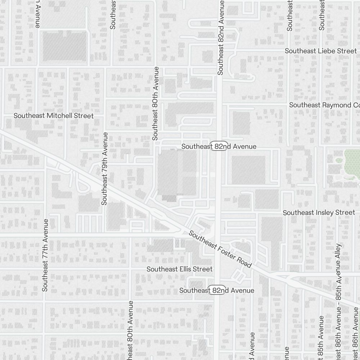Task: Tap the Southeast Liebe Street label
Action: click(x=321, y=51)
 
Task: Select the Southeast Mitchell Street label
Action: click(x=54, y=116)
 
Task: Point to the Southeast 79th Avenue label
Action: click(x=105, y=168)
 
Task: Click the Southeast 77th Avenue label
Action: click(x=45, y=255)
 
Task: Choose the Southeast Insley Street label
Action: click(x=319, y=213)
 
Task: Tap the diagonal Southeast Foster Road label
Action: click(x=220, y=249)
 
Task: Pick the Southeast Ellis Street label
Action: click(x=179, y=269)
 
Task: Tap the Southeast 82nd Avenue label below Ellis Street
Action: click(x=217, y=291)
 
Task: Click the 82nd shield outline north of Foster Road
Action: click(x=219, y=147)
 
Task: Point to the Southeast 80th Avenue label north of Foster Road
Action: click(x=156, y=103)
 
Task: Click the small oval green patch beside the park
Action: click(x=338, y=160)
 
